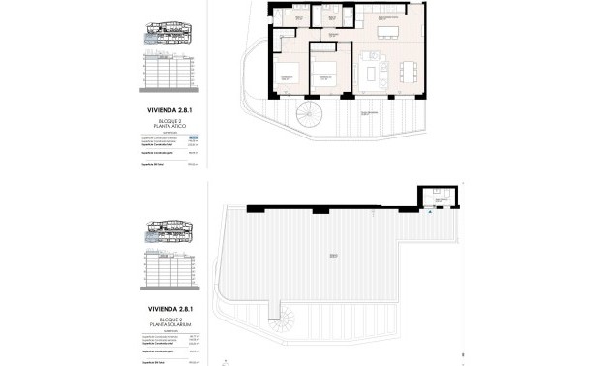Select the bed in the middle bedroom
coord(326,74)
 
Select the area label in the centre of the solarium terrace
coord(332,257)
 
